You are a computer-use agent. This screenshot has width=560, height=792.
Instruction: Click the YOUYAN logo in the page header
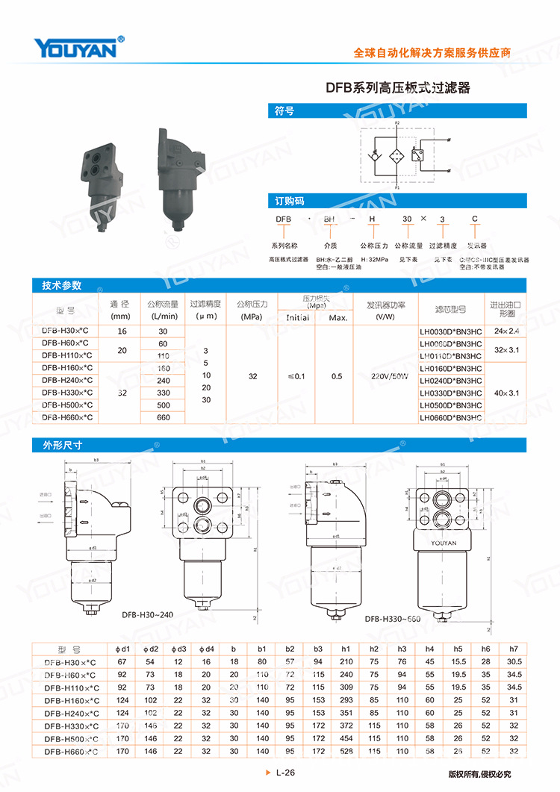pyautogui.click(x=75, y=48)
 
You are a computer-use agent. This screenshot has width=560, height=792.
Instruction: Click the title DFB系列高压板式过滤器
pyautogui.click(x=398, y=87)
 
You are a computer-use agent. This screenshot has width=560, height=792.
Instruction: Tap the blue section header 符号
pyautogui.click(x=284, y=111)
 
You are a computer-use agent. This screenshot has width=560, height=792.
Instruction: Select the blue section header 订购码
pyautogui.click(x=287, y=201)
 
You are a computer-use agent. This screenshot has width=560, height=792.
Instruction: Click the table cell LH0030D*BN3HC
pyautogui.click(x=451, y=331)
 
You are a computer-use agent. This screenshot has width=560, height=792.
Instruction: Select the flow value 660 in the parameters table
pyautogui.click(x=163, y=418)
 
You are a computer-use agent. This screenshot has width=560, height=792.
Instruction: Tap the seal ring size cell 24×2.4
pyautogui.click(x=505, y=331)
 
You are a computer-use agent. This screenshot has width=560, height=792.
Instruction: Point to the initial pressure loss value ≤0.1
pyautogui.click(x=296, y=376)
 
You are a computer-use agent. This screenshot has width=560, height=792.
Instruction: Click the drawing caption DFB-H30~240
pyautogui.click(x=146, y=615)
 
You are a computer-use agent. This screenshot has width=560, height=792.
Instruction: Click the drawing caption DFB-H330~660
pyautogui.click(x=393, y=619)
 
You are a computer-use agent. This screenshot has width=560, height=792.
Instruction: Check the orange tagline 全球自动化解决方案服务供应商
pyautogui.click(x=432, y=54)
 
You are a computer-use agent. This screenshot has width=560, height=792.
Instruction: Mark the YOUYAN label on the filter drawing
pyautogui.click(x=443, y=543)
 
